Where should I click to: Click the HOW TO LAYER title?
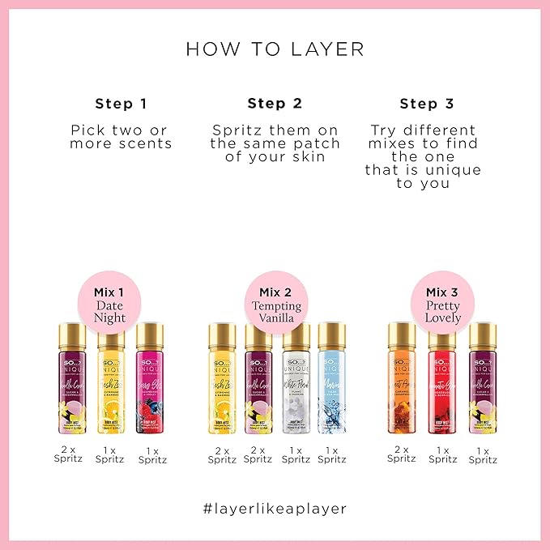[275, 49]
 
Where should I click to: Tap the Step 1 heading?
[121, 103]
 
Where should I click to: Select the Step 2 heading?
[275, 103]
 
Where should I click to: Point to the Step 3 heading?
[427, 103]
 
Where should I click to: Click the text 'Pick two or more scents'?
[121, 136]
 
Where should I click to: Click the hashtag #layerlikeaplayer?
[275, 509]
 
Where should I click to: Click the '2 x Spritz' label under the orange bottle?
[402, 454]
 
